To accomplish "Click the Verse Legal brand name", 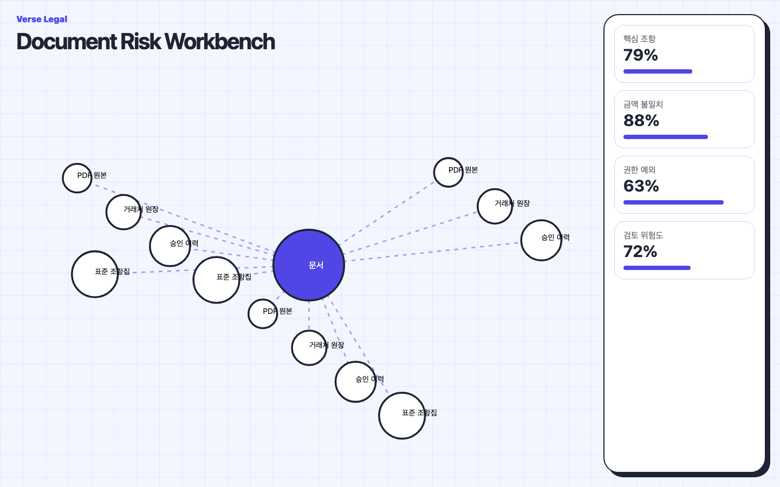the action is [42, 19].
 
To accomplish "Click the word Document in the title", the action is [67, 41].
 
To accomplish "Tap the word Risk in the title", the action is [141, 41].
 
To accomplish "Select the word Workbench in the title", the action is [220, 41].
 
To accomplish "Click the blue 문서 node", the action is [309, 265].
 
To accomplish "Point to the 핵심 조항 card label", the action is [639, 38].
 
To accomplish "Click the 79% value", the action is [640, 55].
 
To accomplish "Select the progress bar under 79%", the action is [658, 71].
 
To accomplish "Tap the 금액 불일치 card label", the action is [643, 104].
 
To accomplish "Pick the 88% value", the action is [641, 120].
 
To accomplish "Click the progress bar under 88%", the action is [665, 137].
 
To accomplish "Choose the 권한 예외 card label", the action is [639, 169].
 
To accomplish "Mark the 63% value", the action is [641, 186].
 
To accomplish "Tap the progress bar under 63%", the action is [673, 202].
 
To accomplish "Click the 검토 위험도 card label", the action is [643, 235].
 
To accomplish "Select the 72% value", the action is [640, 251].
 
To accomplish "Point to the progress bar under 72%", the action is [656, 268].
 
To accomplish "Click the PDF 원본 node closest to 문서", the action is [263, 314].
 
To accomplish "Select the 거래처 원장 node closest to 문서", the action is [309, 347].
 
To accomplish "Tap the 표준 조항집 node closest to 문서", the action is [216, 280].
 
